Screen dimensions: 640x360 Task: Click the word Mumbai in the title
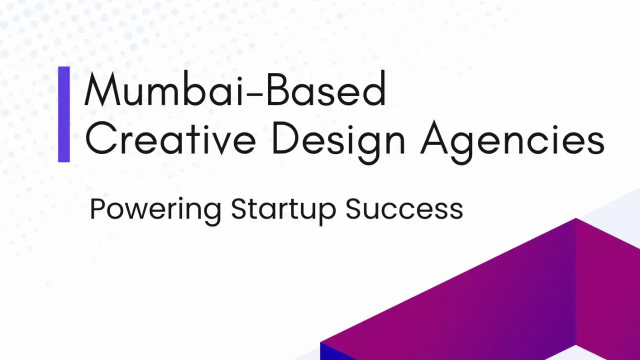click(x=163, y=88)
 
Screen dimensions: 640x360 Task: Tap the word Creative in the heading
click(x=170, y=138)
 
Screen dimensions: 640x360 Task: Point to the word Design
click(x=339, y=142)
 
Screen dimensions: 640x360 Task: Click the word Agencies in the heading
click(x=512, y=142)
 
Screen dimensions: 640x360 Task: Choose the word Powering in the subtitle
click(x=155, y=211)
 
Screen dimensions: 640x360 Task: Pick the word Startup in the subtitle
click(x=283, y=211)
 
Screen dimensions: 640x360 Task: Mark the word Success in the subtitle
click(x=404, y=209)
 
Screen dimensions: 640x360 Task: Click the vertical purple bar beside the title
click(x=64, y=114)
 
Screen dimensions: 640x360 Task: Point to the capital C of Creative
click(x=101, y=137)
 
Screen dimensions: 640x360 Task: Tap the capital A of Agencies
click(x=436, y=137)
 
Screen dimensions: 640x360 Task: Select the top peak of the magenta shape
click(x=575, y=218)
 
